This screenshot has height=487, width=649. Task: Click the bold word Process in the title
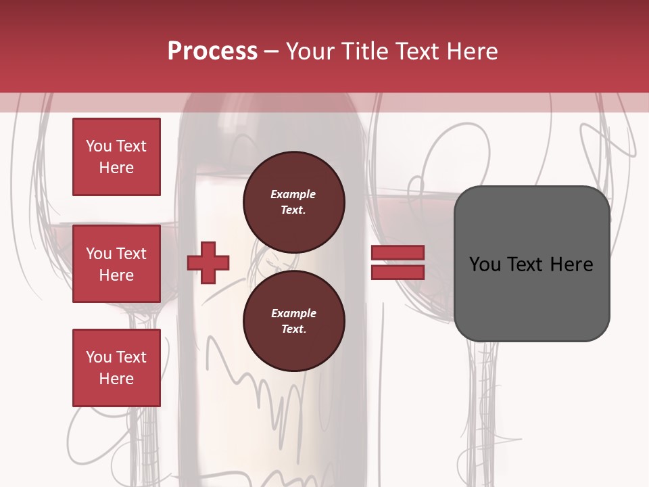[x=212, y=51]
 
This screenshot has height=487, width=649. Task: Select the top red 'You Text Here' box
[x=116, y=157]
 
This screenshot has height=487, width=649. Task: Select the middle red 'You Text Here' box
[x=116, y=264]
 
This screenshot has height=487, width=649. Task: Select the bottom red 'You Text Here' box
[x=116, y=368]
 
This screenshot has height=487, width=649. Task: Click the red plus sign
[x=208, y=262]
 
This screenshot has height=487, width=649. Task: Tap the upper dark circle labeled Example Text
[x=293, y=202]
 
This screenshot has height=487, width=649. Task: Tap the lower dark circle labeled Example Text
[x=293, y=321]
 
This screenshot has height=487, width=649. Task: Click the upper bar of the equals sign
[x=398, y=253]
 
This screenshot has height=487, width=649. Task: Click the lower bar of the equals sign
[x=398, y=273]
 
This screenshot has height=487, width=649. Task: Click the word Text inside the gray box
[x=526, y=264]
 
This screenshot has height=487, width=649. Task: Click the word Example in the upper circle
[x=293, y=195]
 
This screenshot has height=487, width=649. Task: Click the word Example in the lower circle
[x=293, y=313]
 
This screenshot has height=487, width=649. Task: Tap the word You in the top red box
[x=99, y=146]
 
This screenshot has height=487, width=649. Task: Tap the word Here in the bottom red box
[x=116, y=379]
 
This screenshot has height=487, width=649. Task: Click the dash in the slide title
[x=272, y=52]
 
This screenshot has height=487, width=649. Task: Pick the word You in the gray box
[x=485, y=264]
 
